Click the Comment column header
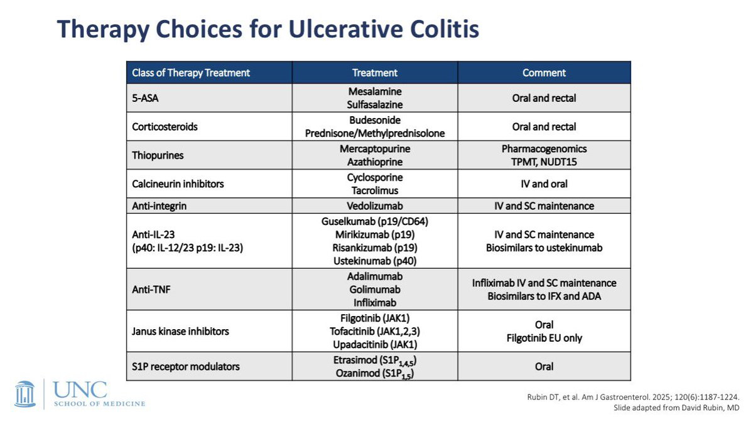click(544, 72)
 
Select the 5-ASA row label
click(145, 98)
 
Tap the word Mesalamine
click(374, 91)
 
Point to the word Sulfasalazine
click(374, 104)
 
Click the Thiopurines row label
click(158, 155)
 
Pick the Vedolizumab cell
click(374, 205)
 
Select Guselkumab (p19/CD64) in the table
click(374, 222)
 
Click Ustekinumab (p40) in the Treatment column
click(374, 261)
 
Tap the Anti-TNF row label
click(151, 289)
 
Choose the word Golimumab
click(374, 289)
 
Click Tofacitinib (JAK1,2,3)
click(374, 331)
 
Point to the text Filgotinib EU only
click(544, 338)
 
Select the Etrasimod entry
click(374, 361)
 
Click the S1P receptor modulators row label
click(185, 366)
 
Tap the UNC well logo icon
click(25, 394)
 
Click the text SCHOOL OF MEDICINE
click(99, 403)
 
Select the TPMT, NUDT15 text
click(544, 162)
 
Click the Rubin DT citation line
click(633, 397)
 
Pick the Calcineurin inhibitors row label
click(178, 183)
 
